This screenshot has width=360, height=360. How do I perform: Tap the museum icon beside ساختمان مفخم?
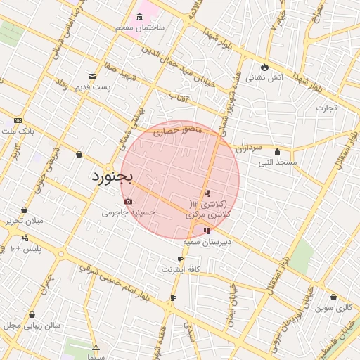[140, 15]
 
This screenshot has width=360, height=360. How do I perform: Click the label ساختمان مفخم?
[141, 27]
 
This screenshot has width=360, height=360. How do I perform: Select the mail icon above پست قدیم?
[93, 77]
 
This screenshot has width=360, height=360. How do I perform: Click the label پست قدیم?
[94, 87]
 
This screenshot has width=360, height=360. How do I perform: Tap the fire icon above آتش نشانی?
[265, 67]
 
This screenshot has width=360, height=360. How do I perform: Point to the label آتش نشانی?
[266, 78]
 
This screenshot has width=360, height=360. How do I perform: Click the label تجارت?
[326, 108]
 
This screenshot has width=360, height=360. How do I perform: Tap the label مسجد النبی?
[277, 162]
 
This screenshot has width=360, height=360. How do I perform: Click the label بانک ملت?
[17, 131]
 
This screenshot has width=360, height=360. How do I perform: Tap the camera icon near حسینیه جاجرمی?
[128, 202]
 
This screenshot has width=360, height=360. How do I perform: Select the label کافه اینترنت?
[181, 269]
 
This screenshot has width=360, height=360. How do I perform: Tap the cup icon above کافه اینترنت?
[181, 259]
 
